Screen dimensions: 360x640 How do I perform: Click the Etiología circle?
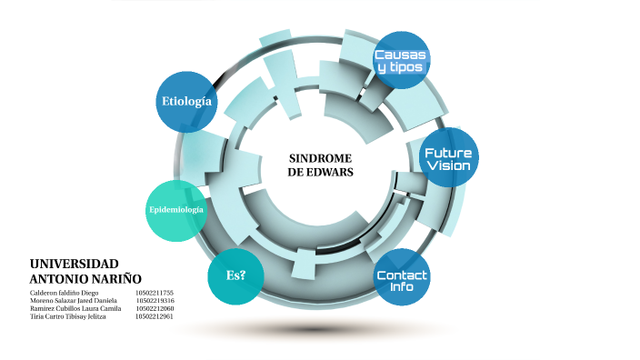tap(186, 101)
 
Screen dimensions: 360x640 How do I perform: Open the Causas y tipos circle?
tap(401, 61)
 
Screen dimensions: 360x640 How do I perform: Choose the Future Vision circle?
tap(448, 159)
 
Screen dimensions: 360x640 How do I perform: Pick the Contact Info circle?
tap(402, 280)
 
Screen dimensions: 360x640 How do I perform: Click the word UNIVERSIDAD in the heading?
tap(74, 263)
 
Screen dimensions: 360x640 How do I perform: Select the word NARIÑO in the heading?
tap(115, 277)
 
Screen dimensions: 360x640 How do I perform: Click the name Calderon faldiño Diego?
tap(64, 293)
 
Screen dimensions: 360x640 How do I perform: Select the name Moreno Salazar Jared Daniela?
tap(73, 301)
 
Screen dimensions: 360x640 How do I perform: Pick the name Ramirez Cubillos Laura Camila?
tap(75, 309)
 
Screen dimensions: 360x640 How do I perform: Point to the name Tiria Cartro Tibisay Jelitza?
tap(67, 317)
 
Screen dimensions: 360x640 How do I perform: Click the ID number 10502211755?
tap(155, 293)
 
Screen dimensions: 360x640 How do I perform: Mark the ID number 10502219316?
tap(155, 301)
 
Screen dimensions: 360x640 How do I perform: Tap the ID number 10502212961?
tap(155, 317)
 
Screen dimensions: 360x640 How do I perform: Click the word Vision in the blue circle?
tap(448, 166)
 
